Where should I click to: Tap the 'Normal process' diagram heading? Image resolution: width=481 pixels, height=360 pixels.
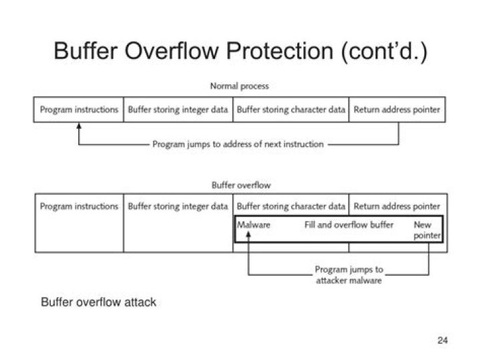click(x=239, y=86)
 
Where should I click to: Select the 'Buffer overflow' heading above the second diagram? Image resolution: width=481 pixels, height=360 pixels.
click(x=240, y=185)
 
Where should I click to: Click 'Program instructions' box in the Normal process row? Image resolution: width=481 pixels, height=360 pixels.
click(x=79, y=110)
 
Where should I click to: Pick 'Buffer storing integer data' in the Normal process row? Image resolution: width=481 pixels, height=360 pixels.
click(x=178, y=110)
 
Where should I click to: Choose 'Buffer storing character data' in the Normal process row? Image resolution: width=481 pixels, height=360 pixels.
click(x=291, y=110)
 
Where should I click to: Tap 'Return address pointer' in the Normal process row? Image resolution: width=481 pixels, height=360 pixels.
click(x=397, y=110)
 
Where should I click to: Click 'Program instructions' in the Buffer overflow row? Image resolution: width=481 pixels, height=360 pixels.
click(x=79, y=206)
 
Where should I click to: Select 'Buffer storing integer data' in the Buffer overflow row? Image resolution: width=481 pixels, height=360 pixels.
click(x=178, y=206)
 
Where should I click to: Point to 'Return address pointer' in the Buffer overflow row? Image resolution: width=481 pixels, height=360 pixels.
click(x=397, y=206)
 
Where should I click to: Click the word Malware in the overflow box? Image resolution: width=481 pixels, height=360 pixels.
click(x=254, y=225)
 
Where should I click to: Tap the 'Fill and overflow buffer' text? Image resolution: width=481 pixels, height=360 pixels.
click(x=349, y=225)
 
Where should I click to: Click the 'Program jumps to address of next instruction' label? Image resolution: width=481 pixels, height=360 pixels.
click(x=238, y=144)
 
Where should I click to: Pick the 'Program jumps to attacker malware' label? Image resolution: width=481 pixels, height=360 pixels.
click(x=349, y=275)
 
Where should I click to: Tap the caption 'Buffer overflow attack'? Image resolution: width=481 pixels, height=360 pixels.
click(x=98, y=303)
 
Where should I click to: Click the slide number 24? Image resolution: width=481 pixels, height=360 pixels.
click(x=442, y=341)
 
